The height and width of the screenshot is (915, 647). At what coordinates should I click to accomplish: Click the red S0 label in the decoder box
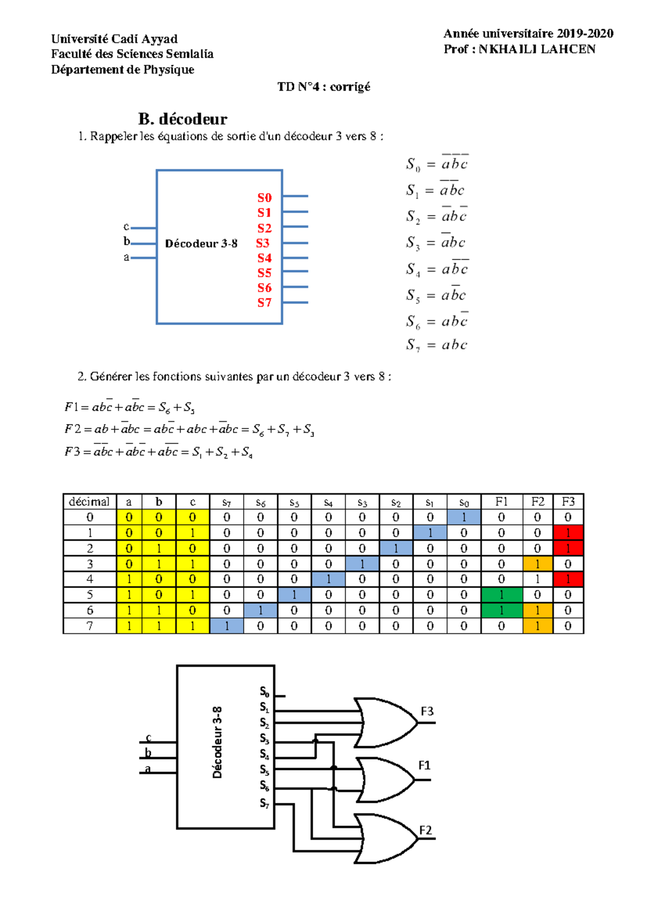tap(264, 197)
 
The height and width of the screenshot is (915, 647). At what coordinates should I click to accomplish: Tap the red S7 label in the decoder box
tap(264, 303)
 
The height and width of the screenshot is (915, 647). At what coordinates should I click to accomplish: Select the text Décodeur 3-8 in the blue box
tap(201, 244)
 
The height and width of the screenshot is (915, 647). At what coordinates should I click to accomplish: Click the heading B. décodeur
tap(183, 119)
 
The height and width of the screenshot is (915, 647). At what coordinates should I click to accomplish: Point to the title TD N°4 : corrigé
tap(323, 87)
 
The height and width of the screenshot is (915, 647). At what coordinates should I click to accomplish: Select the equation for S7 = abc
tap(436, 345)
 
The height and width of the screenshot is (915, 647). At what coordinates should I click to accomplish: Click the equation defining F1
tap(129, 407)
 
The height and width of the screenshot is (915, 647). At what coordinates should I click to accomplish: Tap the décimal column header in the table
tap(90, 502)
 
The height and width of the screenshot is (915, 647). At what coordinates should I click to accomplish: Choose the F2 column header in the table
tap(538, 502)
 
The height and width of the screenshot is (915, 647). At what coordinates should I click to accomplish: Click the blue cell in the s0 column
tap(464, 517)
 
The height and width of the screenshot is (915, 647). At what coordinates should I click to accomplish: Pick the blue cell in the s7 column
tap(226, 626)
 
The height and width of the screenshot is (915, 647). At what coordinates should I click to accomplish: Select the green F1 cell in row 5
tap(501, 595)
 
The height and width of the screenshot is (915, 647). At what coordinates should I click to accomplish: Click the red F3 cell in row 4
tap(568, 579)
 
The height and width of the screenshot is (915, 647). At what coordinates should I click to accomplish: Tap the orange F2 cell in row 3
tap(538, 564)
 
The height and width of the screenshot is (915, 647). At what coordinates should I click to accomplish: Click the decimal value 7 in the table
tap(90, 626)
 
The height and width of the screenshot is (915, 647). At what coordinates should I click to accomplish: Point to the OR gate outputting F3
tap(386, 722)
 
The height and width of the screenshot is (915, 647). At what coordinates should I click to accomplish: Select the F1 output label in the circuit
tap(424, 766)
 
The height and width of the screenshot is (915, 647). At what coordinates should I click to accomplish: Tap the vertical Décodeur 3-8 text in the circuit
tap(217, 742)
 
